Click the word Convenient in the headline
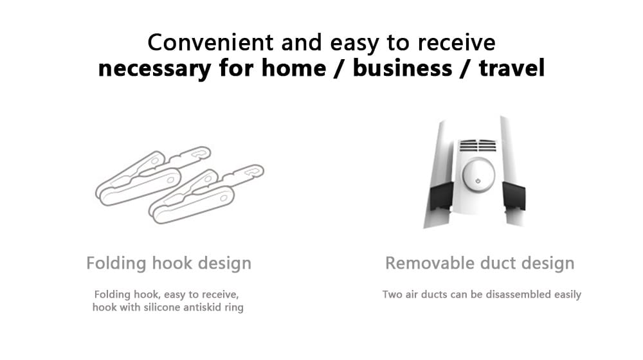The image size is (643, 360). tap(210, 42)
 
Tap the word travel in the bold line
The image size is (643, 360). tap(512, 67)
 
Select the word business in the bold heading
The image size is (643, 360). tap(403, 67)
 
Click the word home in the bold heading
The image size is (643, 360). tap(294, 67)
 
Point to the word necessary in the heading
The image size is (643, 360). tap(154, 69)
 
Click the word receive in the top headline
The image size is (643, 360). tap(457, 42)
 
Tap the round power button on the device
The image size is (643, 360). tap(478, 175)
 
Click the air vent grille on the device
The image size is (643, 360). tap(478, 145)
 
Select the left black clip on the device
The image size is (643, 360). tap(441, 196)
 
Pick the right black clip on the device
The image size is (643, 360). tap(514, 196)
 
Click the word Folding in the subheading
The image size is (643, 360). tap(116, 264)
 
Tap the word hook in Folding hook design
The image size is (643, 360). tap(172, 263)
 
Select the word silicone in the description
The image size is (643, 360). tap(161, 307)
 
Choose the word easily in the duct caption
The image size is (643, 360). tap(568, 295)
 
